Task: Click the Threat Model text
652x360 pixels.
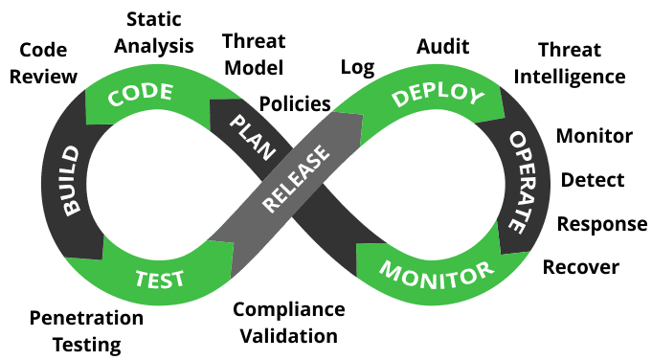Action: (253, 55)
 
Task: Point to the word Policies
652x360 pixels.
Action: (295, 102)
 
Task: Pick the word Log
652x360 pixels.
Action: (358, 67)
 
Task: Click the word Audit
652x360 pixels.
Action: (441, 46)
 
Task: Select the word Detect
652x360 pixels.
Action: (593, 180)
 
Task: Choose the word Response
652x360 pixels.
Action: (602, 224)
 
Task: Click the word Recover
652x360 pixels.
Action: (581, 266)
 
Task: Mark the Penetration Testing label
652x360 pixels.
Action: (86, 329)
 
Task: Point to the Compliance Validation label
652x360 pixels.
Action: (288, 323)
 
